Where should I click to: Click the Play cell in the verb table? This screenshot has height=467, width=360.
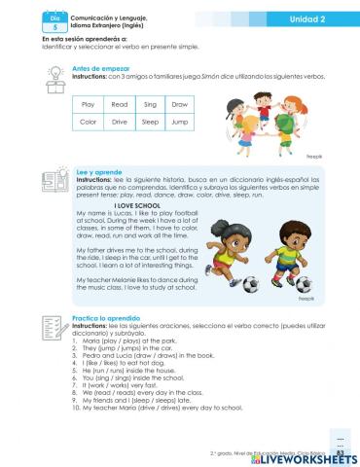(88, 104)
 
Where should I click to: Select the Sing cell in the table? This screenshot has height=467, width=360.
(150, 104)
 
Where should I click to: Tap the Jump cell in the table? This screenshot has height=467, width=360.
(180, 123)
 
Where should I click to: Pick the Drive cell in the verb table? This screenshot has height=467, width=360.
(119, 123)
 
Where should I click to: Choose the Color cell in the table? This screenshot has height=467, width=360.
(88, 123)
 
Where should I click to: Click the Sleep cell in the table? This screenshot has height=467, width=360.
(150, 123)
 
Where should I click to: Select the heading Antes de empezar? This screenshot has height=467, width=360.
(100, 68)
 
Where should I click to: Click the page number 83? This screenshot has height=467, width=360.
(340, 451)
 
